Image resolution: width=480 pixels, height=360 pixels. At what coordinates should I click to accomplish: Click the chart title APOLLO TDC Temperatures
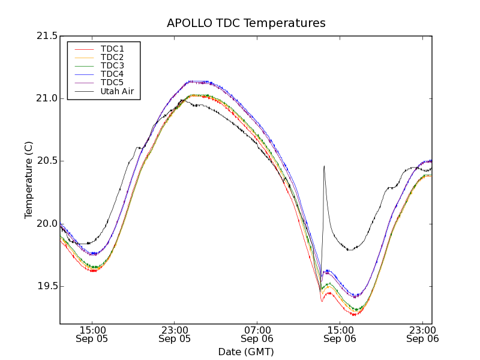[x=246, y=23]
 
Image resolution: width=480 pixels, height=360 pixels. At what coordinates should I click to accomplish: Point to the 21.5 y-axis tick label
[x=46, y=36]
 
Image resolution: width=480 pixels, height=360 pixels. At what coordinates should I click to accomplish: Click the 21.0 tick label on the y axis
[x=46, y=98]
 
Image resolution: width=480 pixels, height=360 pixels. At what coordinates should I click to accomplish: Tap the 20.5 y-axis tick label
[x=46, y=161]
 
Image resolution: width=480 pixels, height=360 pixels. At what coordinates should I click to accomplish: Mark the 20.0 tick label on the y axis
[x=46, y=224]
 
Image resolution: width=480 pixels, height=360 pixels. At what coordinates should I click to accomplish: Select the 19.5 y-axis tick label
[x=46, y=286]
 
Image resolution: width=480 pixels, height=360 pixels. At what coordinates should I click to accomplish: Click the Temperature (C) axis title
[x=29, y=180]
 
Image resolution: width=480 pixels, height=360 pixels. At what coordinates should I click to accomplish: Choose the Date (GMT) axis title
[x=246, y=352]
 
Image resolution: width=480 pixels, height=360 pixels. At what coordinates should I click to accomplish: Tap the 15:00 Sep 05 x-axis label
[x=92, y=334]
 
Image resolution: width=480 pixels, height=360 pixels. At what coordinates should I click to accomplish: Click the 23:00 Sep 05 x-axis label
[x=175, y=334]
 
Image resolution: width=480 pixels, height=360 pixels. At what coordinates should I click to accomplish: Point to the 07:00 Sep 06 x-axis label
[x=257, y=334]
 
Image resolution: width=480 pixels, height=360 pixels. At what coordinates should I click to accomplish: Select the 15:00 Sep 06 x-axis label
[x=340, y=334]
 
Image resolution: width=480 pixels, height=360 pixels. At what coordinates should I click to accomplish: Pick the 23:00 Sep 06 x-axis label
[x=422, y=334]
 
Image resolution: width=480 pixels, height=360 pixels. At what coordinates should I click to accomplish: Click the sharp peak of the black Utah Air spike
[x=324, y=166]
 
